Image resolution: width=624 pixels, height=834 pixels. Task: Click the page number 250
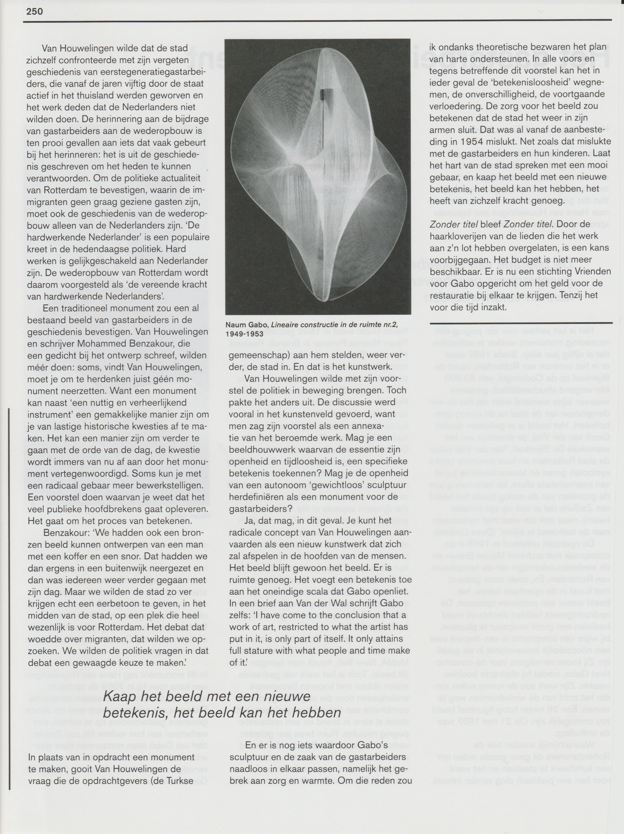35,11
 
